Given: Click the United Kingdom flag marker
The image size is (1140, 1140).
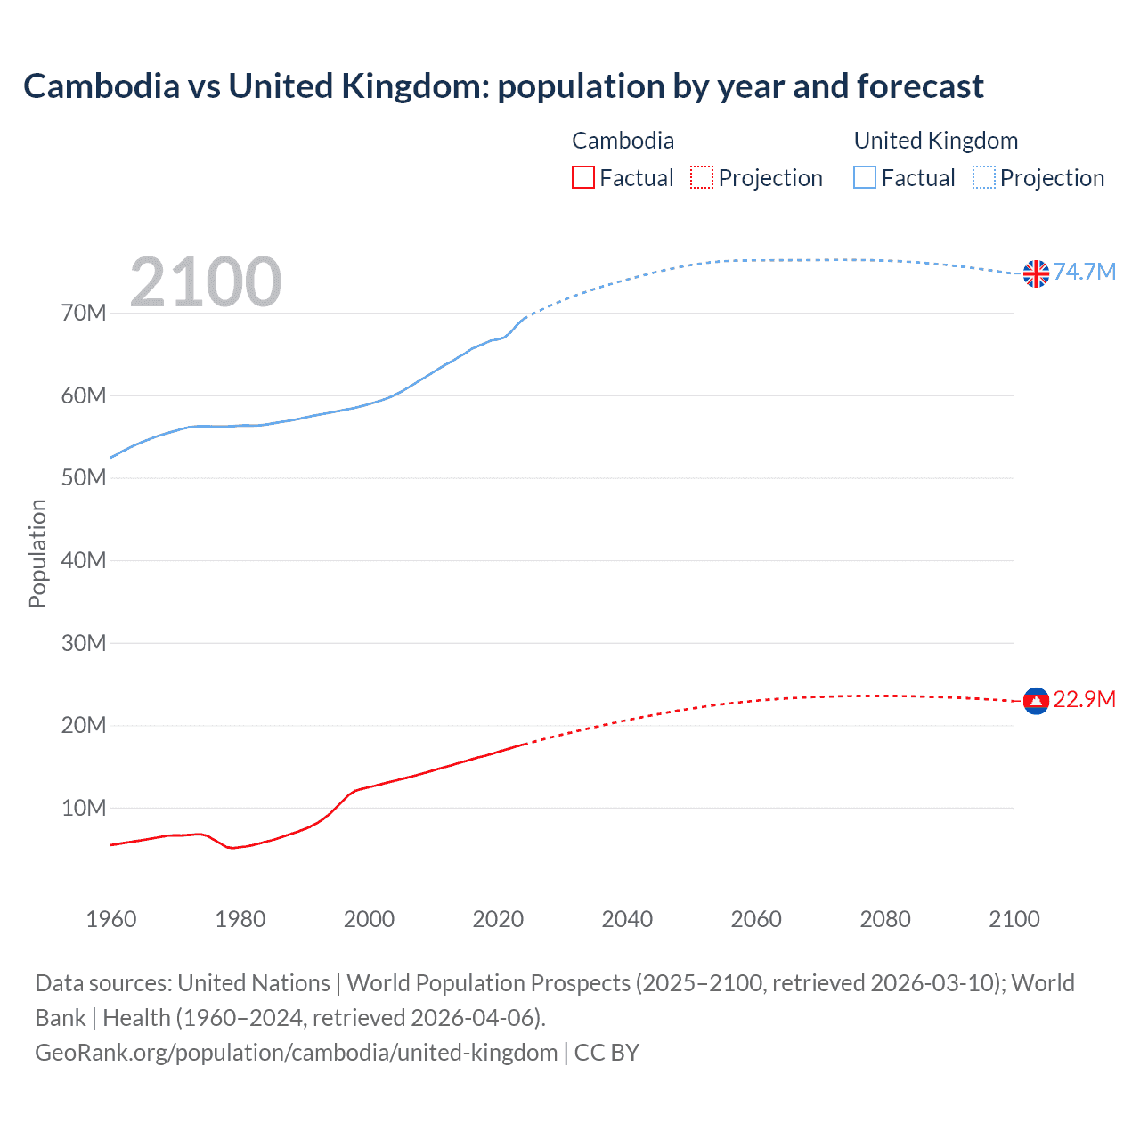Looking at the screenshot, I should [x=1036, y=273].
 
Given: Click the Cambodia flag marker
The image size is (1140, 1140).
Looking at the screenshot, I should [x=1036, y=702].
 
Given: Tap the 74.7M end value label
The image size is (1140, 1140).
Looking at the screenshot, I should [x=1084, y=272].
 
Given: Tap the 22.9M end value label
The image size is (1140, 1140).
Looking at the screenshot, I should [x=1084, y=699].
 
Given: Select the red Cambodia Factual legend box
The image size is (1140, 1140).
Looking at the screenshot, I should [x=583, y=177].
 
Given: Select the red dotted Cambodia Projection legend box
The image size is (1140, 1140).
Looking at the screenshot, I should [x=702, y=177].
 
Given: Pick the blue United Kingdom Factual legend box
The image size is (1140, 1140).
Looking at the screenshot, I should [x=865, y=177].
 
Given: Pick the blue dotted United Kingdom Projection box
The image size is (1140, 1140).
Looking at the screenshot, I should [x=984, y=177].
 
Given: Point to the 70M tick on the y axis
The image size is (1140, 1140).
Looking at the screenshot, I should [x=84, y=313].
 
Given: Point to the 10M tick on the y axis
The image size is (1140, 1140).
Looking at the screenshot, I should [x=84, y=808].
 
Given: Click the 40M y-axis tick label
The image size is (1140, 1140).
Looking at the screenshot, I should [x=84, y=560].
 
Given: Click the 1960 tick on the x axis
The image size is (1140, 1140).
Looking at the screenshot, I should [x=111, y=919].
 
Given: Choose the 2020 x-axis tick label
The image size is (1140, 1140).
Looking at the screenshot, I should [x=498, y=919].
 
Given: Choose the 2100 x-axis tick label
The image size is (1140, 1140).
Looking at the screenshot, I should [x=1014, y=919].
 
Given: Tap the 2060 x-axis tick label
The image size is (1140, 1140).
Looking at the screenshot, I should [x=756, y=919].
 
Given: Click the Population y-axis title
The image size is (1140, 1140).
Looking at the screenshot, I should [x=37, y=553].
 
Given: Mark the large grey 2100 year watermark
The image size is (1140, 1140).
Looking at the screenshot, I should [x=206, y=282].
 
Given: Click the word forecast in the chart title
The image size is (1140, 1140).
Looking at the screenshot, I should [x=920, y=86].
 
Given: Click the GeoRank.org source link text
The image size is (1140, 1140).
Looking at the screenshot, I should [x=296, y=1053].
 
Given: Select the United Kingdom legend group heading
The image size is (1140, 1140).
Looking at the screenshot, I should [x=935, y=141].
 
